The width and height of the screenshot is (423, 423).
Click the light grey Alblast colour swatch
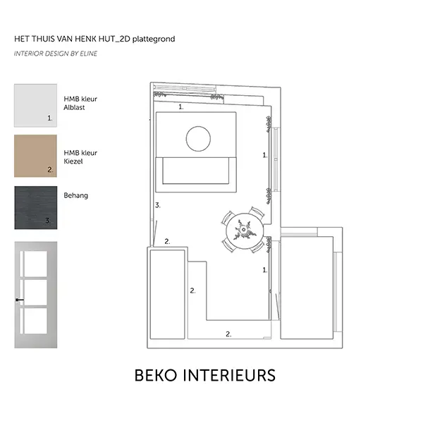click(x=36, y=105)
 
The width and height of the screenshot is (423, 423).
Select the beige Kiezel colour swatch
click(x=36, y=156)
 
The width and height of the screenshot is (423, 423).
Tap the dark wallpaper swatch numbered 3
click(x=36, y=207)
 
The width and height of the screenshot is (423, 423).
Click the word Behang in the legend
click(x=76, y=195)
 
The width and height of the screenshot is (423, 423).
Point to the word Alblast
click(x=74, y=107)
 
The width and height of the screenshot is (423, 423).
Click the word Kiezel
click(x=73, y=161)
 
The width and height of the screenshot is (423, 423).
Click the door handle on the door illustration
click(x=20, y=300)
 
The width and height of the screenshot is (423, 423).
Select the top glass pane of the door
click(x=35, y=264)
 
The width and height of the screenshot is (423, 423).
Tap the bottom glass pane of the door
click(x=35, y=321)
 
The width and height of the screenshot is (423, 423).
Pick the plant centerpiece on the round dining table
click(x=244, y=230)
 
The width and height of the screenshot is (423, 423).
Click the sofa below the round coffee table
click(x=196, y=174)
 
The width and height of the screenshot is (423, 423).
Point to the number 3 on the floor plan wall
click(x=158, y=205)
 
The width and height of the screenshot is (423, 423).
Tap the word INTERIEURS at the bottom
click(x=229, y=375)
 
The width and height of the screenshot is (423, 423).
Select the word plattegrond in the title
click(x=154, y=39)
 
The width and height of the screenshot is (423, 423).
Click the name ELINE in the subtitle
click(x=89, y=54)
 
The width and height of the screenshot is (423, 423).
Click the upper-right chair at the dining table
click(x=257, y=211)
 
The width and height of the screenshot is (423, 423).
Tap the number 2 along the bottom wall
click(x=228, y=334)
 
